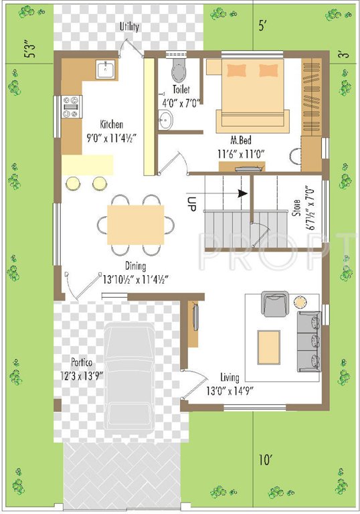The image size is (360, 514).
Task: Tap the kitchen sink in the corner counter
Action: point(106,69)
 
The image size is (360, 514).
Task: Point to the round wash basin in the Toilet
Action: point(165,120)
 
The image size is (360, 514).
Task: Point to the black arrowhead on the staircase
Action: point(242,193)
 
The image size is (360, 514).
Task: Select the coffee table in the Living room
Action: point(270,347)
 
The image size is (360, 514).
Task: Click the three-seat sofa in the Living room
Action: point(308,341)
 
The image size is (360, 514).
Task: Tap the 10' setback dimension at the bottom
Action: point(266,460)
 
